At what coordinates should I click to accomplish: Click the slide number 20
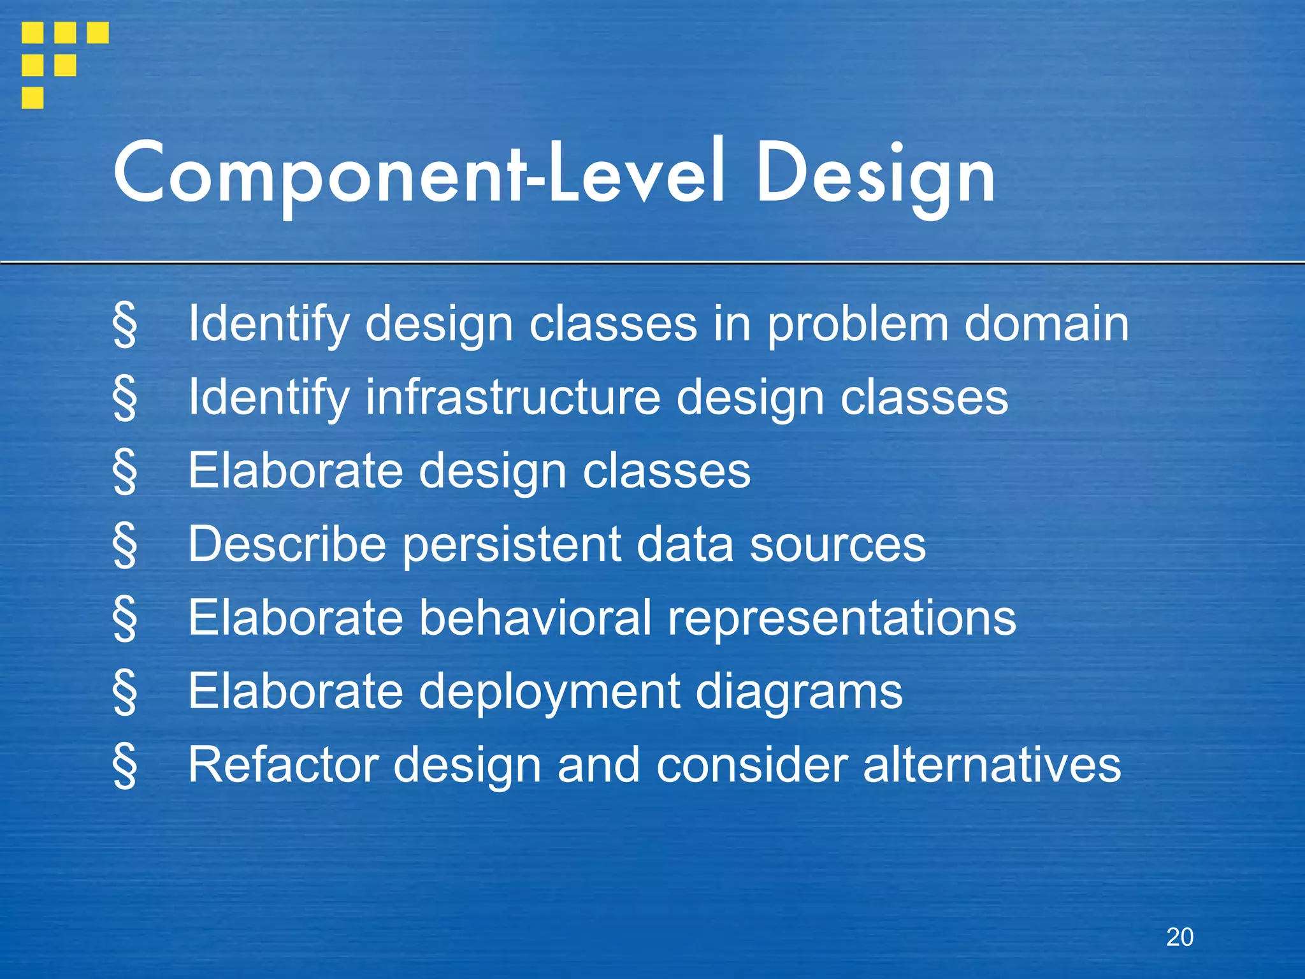pos(1179,937)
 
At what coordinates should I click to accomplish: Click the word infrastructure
pos(513,398)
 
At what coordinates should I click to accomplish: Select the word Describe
pos(287,544)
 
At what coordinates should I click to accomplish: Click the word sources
pos(837,546)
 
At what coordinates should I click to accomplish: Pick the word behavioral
pos(535,618)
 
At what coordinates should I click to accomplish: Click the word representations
pos(841,619)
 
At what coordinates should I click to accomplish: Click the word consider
pos(751,764)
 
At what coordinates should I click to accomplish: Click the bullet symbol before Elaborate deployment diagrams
pos(124,693)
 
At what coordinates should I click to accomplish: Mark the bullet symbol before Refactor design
pos(124,766)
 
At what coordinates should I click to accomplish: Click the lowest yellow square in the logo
pos(32,98)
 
